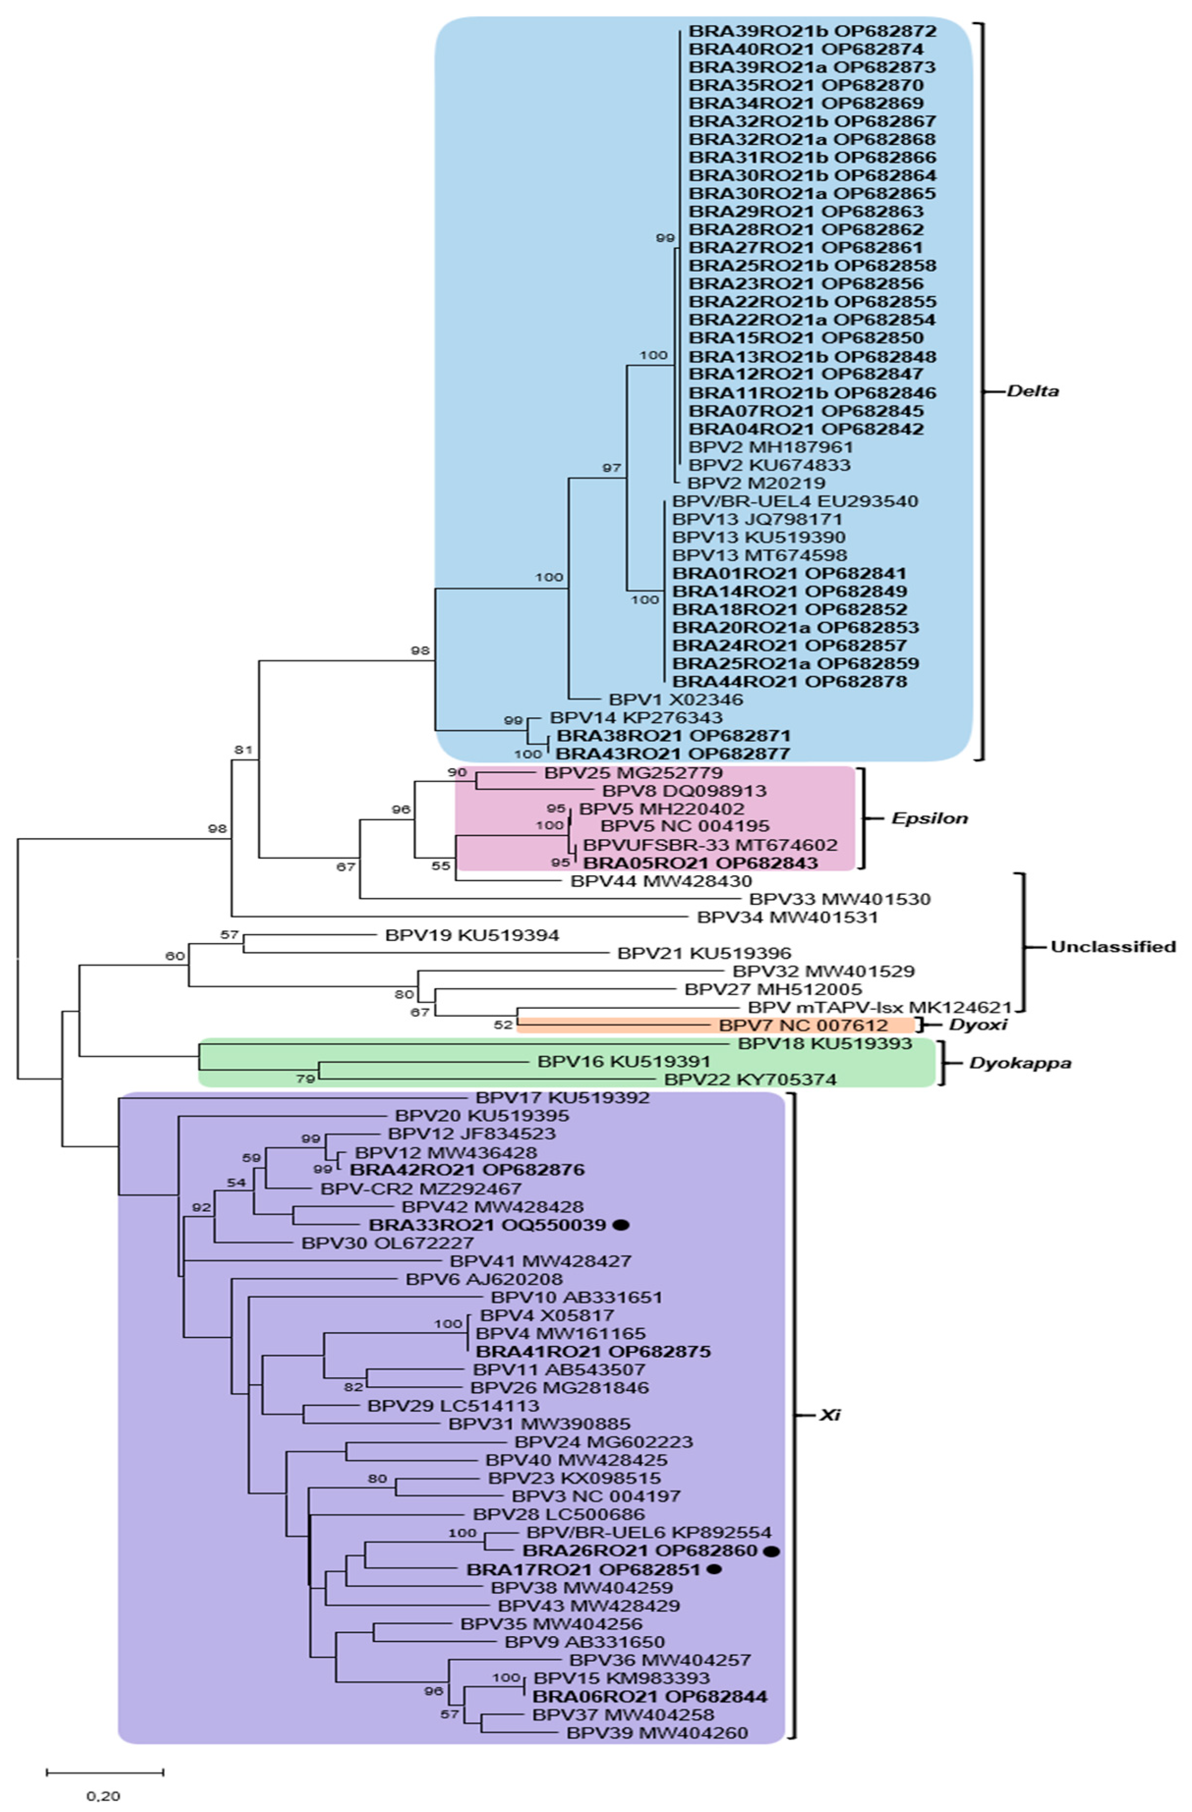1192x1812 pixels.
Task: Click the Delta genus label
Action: [1032, 391]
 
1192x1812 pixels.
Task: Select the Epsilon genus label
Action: [929, 818]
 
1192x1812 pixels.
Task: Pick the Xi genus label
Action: [829, 1415]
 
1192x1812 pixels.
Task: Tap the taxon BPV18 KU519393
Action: [824, 1044]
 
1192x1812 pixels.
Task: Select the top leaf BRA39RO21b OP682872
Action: [813, 31]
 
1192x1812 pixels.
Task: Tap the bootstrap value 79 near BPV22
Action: [305, 1079]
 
